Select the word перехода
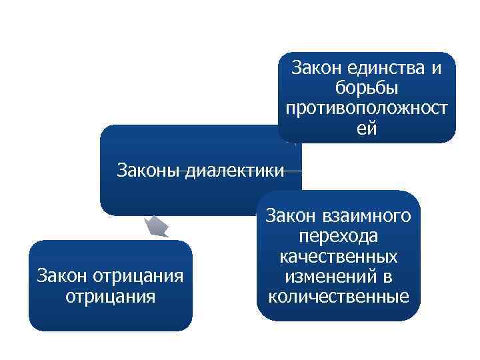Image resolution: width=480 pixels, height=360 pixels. coord(338,237)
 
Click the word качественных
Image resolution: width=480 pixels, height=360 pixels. coord(339,257)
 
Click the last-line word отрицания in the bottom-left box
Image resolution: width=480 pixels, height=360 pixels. coord(110,295)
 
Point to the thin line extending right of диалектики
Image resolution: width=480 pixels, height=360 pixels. coord(294,171)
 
